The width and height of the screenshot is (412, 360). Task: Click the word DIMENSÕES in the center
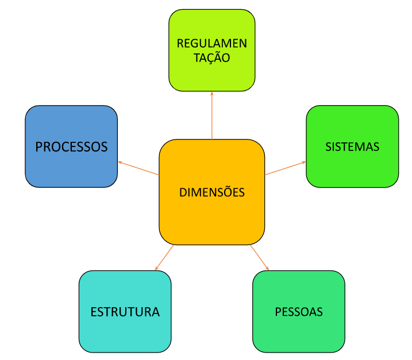point(211,192)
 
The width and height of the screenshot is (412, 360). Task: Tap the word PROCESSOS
point(71,147)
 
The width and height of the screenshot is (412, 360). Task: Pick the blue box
point(71,169)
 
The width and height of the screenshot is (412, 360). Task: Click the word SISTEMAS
point(352,147)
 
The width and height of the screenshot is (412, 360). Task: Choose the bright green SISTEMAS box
point(352,169)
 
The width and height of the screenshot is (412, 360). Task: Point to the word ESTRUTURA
point(125,312)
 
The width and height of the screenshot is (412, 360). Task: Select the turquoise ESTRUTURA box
point(125,336)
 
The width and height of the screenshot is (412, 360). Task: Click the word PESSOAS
point(299,312)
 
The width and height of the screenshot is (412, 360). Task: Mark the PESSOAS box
point(299,336)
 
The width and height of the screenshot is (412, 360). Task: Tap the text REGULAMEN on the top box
point(211,44)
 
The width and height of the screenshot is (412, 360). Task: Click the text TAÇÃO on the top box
point(211,58)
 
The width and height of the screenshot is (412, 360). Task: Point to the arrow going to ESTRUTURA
point(164,258)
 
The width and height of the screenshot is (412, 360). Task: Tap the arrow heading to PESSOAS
point(259,258)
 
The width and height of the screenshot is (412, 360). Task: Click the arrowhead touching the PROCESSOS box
point(120,162)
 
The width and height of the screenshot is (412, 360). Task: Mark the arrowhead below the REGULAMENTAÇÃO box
point(212,93)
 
